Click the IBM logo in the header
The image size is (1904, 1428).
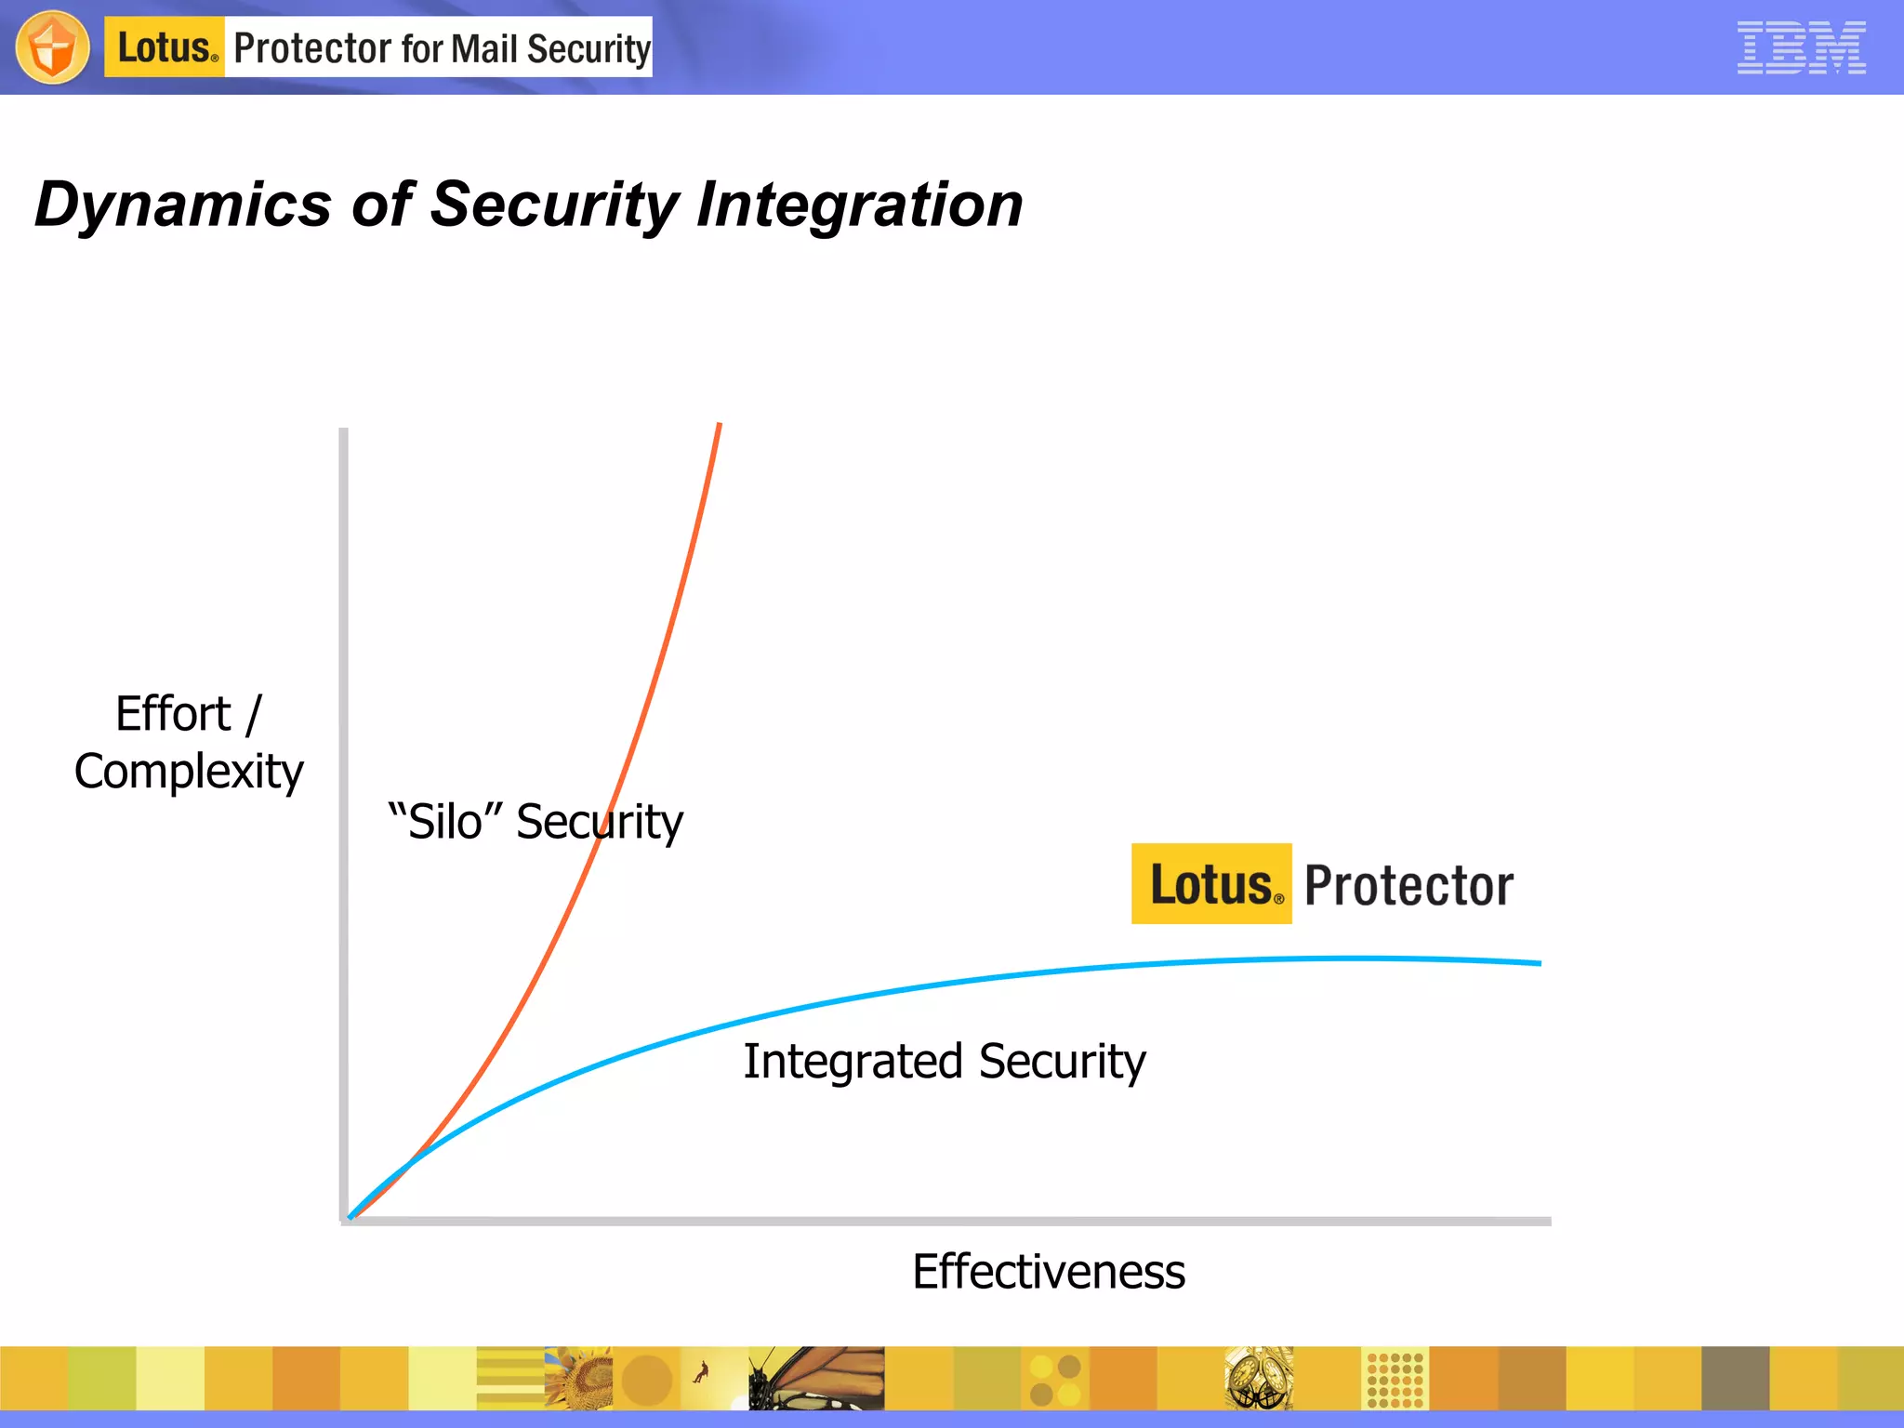click(1801, 47)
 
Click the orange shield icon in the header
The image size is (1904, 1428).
click(53, 47)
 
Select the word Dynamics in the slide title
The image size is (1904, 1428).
click(183, 205)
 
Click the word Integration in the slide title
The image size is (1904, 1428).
click(860, 205)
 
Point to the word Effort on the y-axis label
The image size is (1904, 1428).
click(173, 714)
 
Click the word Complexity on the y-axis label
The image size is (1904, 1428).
click(189, 772)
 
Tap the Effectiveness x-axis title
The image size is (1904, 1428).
click(1048, 1271)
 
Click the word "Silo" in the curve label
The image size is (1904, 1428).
click(445, 822)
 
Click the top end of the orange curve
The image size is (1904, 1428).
click(719, 426)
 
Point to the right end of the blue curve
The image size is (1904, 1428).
click(1538, 963)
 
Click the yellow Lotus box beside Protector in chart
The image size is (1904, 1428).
click(1210, 884)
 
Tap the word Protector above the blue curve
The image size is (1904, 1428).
click(1408, 886)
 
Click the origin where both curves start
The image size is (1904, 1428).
click(350, 1215)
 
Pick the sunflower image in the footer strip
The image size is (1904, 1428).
click(578, 1378)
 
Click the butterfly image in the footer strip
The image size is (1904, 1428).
click(816, 1378)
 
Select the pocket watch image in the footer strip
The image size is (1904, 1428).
click(1258, 1378)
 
